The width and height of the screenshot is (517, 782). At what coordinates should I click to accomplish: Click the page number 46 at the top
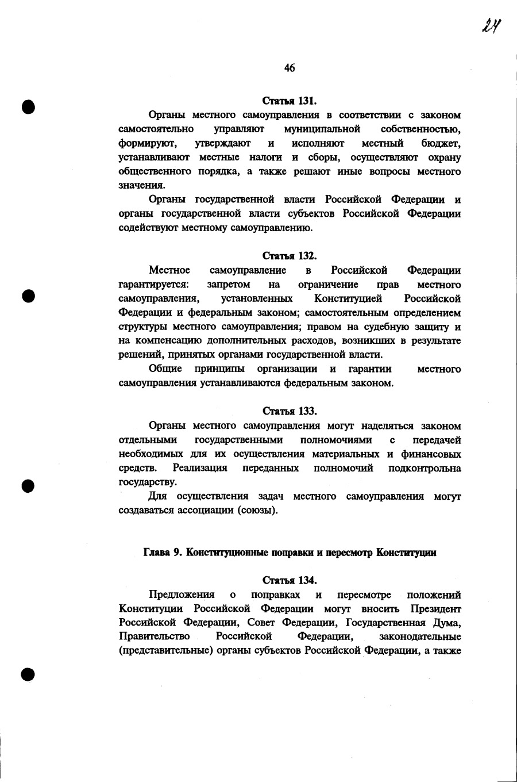point(289,68)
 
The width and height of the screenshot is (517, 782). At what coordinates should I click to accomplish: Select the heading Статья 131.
point(290,101)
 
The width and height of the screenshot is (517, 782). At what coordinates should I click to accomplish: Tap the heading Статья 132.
point(290,255)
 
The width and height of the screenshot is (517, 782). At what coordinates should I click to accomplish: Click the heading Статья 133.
point(290,411)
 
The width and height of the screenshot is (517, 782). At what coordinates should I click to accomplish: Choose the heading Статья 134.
point(290,580)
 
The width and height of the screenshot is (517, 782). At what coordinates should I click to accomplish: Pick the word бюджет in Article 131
point(441,143)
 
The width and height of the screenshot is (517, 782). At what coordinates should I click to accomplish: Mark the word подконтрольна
point(425,468)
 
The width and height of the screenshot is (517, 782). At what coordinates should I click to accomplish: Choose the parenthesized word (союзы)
point(257,510)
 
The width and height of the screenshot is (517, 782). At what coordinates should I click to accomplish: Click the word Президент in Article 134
point(435,608)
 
